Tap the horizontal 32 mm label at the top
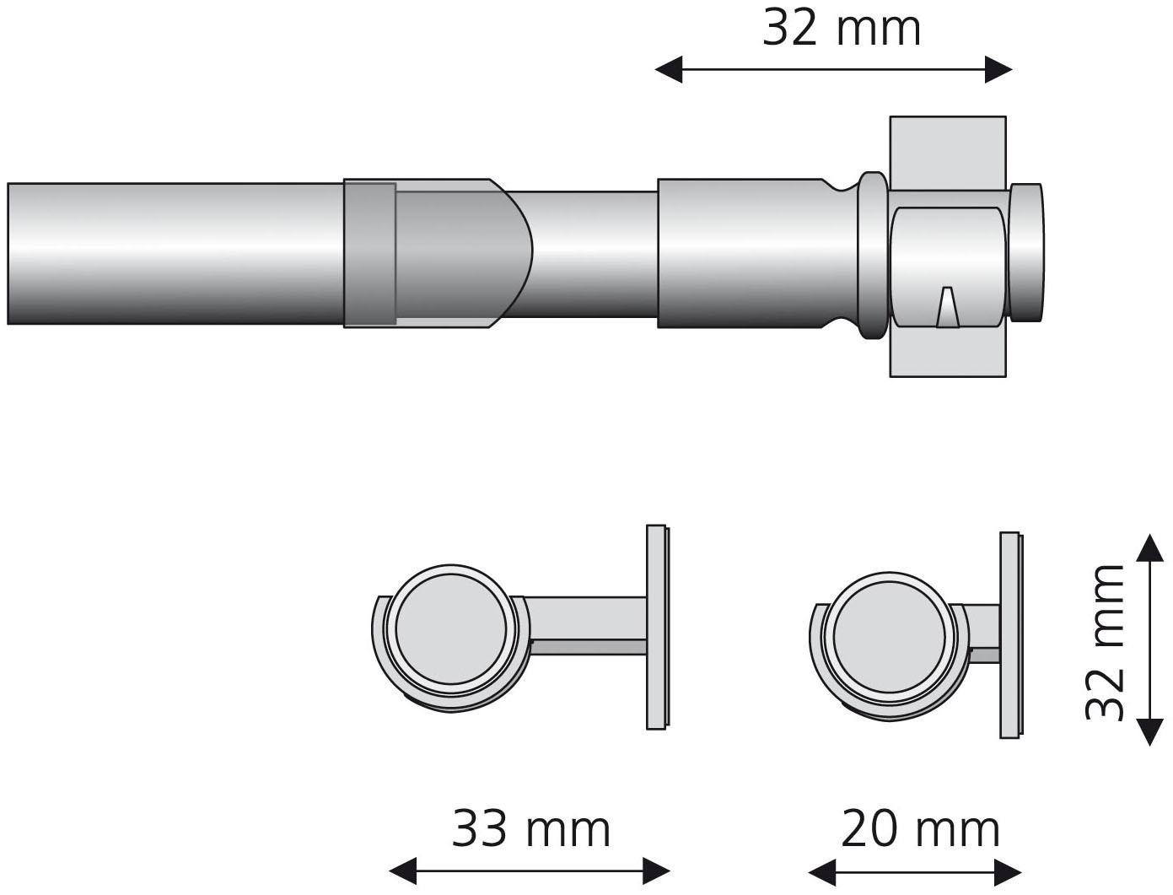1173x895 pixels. (x=842, y=29)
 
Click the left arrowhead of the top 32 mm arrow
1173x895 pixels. (x=668, y=70)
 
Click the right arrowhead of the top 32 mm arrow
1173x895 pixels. (x=999, y=70)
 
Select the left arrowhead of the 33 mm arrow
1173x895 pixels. (x=401, y=870)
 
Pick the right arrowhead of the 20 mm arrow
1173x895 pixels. (x=1010, y=870)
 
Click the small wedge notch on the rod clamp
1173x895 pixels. (x=947, y=307)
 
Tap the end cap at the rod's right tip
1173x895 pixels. (x=1027, y=252)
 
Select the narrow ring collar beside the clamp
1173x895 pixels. (x=872, y=254)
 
